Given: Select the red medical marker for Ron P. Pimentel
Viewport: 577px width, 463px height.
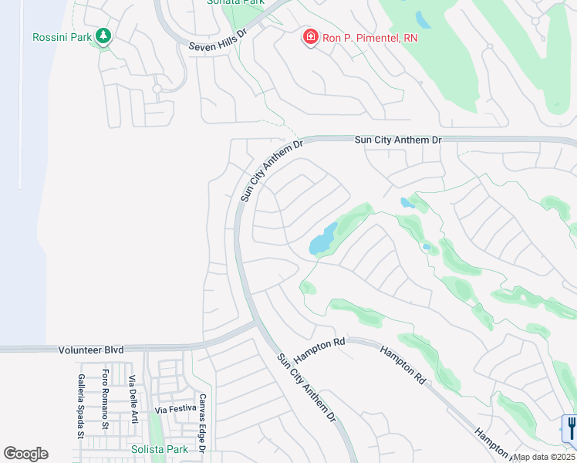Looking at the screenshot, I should pyautogui.click(x=310, y=37).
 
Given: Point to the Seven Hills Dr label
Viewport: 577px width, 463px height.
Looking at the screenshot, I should pyautogui.click(x=217, y=46).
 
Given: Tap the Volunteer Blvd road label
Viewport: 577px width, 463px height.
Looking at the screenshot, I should pyautogui.click(x=91, y=350).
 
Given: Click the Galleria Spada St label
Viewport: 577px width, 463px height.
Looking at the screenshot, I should pyautogui.click(x=80, y=406).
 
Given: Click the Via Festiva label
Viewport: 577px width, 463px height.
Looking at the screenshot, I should pyautogui.click(x=177, y=409).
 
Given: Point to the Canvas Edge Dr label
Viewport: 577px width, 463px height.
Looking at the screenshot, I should pyautogui.click(x=202, y=423).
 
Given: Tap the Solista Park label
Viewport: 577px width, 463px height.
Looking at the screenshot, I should pyautogui.click(x=159, y=449).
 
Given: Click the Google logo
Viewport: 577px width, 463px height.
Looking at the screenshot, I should pyautogui.click(x=25, y=454).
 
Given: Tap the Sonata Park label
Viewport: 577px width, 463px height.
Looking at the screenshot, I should pyautogui.click(x=236, y=2).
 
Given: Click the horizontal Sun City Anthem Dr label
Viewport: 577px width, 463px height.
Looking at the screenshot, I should pyautogui.click(x=398, y=140).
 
